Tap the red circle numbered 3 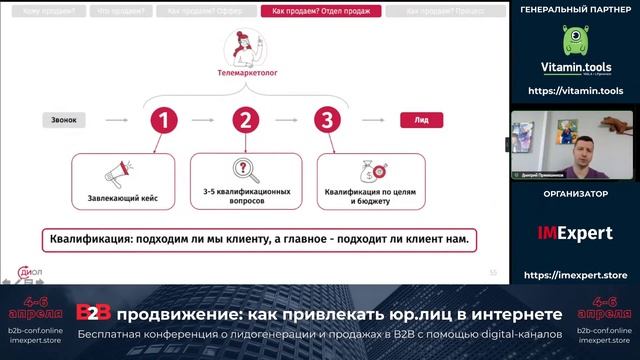pos(324,121)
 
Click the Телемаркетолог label pos(242,74)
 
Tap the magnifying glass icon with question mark pos(243,169)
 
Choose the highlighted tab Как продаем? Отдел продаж pos(320,12)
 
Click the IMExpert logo pos(574,234)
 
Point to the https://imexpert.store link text pos(574,275)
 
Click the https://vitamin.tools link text pos(574,91)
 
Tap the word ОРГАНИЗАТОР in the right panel pos(574,194)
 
